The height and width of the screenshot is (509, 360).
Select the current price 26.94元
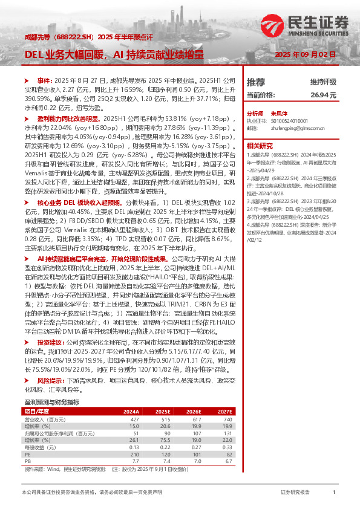(323, 95)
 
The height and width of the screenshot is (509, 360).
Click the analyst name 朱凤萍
(278, 113)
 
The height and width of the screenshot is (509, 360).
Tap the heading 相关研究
(260, 146)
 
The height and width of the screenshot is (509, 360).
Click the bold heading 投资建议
(51, 342)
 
